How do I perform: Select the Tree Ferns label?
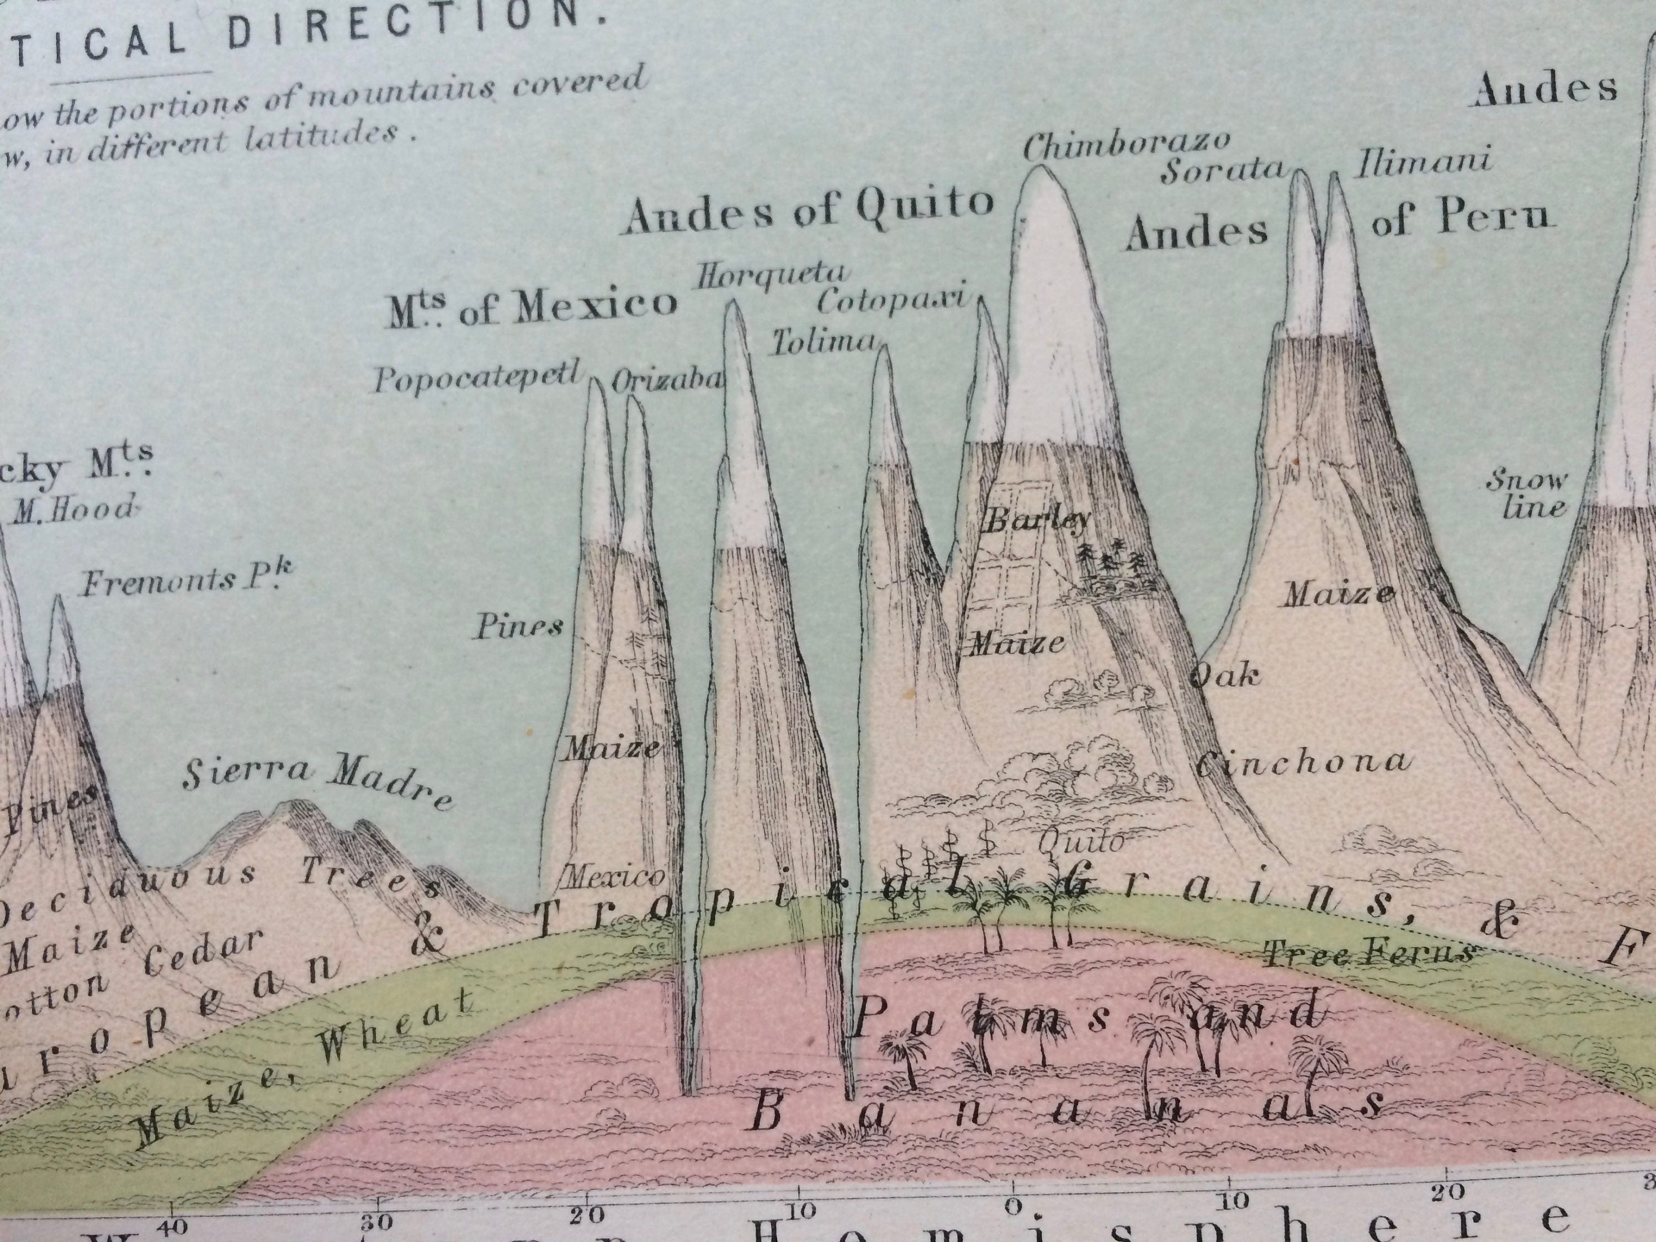[1368, 953]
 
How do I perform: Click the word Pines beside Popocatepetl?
[519, 627]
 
